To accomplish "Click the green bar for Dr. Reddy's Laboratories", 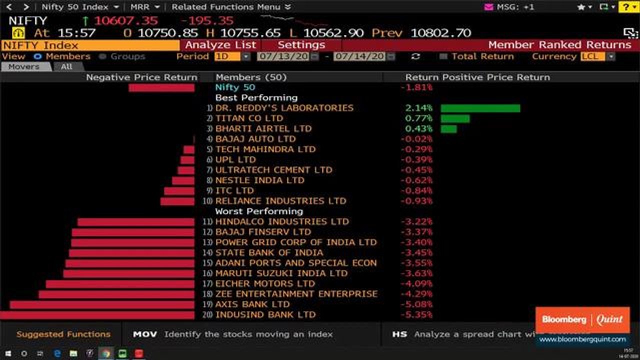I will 480,108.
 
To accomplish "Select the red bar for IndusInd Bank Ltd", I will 97,315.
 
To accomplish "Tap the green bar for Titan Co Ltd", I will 455,118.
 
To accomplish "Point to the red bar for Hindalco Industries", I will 136,222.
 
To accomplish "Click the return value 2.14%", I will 419,108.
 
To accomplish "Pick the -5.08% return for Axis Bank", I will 416,304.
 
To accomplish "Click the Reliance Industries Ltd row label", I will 280,201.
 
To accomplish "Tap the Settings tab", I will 301,45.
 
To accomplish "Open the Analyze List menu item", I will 220,45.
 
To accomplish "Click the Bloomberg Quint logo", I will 582,320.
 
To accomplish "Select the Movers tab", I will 24,66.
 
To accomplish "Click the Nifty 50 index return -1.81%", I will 416,87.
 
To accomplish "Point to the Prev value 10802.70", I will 440,33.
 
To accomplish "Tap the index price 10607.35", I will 126,20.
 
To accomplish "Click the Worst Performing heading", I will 259,211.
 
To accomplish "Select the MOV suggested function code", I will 145,334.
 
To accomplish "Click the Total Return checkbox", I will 442,56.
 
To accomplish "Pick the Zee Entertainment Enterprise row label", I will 296,294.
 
